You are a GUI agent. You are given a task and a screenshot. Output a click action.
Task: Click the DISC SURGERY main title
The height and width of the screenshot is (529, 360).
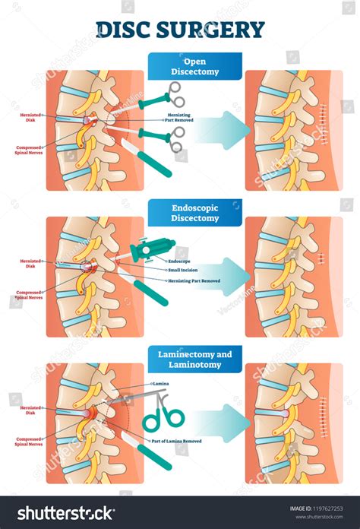click(x=180, y=30)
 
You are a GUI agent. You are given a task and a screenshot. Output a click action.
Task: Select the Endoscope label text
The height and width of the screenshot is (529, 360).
click(x=180, y=261)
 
